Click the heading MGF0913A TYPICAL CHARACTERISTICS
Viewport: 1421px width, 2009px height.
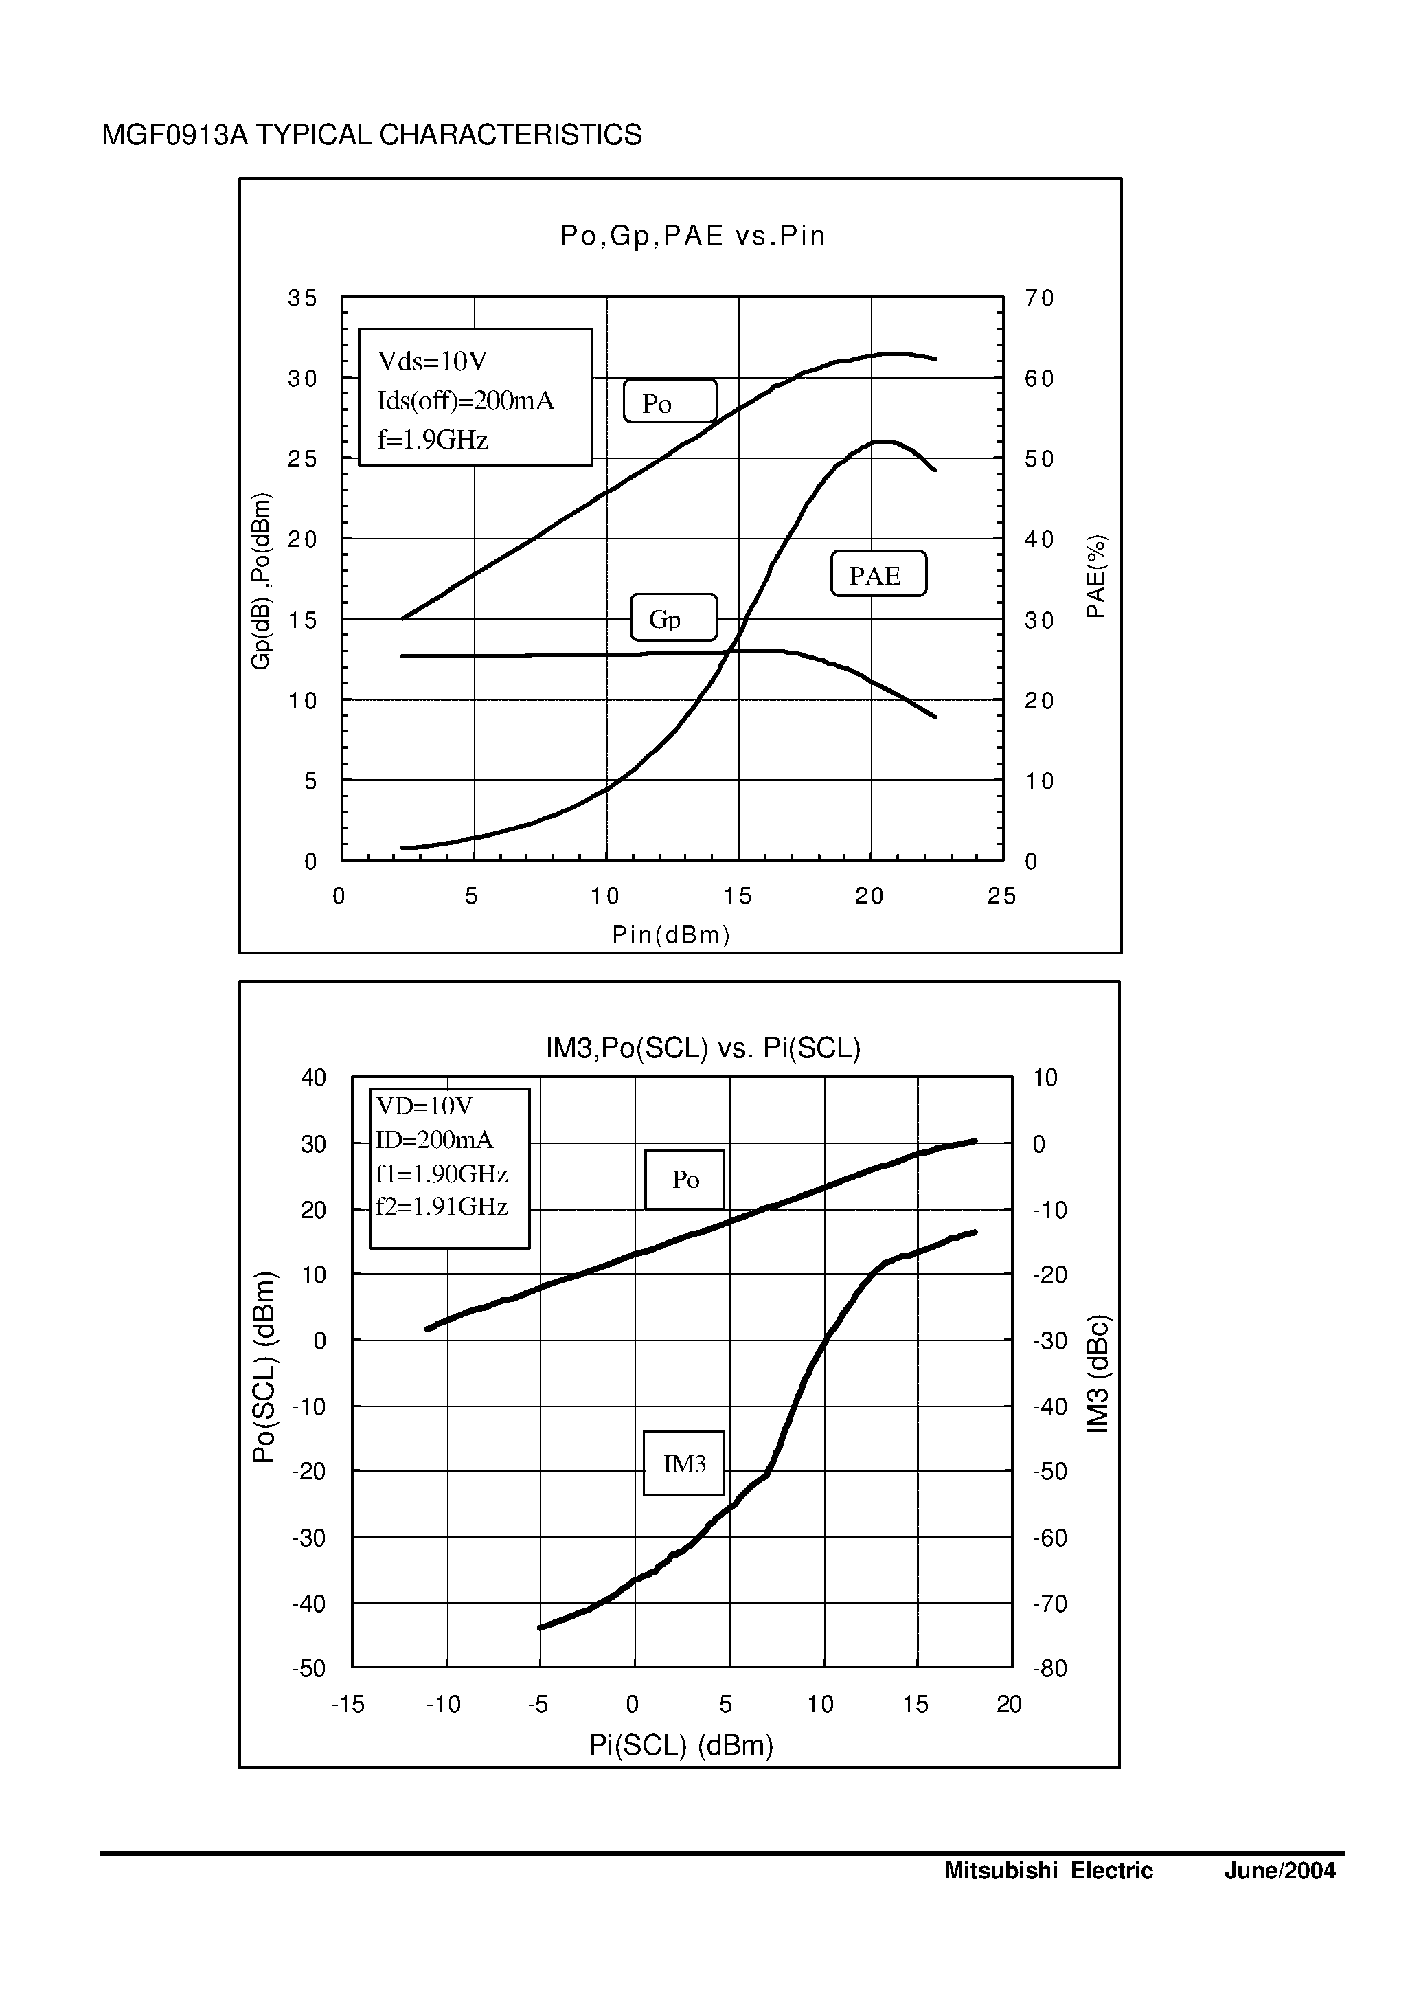tap(372, 135)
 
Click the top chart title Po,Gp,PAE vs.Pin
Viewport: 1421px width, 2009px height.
tap(692, 236)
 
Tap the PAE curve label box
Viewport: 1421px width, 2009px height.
tap(878, 574)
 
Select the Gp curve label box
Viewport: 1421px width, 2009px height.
tap(673, 618)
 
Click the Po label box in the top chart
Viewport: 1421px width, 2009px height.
tap(670, 402)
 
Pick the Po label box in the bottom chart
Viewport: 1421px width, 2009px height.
tap(684, 1179)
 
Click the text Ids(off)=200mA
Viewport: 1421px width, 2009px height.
tap(466, 401)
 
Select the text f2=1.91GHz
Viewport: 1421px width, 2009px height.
tap(442, 1207)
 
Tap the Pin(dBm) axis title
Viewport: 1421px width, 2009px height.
tap(671, 935)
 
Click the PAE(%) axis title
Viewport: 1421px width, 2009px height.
tap(1096, 576)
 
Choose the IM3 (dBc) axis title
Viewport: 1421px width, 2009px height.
tap(1098, 1373)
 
